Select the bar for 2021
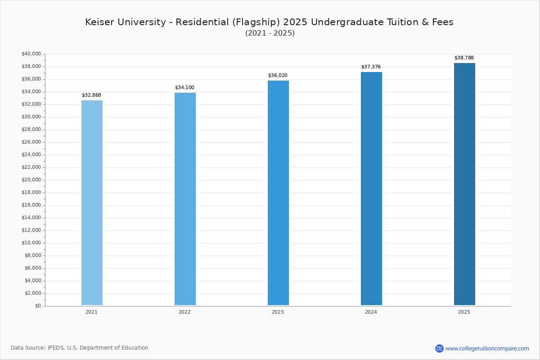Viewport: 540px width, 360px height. pos(92,202)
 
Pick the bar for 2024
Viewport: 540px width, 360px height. pos(371,189)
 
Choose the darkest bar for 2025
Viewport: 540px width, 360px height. pos(464,184)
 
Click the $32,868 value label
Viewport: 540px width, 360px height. pos(91,95)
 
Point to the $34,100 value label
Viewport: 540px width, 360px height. pos(184,88)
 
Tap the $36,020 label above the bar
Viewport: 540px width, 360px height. pos(278,76)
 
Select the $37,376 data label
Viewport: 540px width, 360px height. pos(371,67)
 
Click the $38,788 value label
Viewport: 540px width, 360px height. pos(464,58)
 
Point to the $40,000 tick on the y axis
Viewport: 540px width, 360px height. pos(31,54)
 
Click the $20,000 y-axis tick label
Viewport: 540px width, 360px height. pos(31,180)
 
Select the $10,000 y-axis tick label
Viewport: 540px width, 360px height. pos(31,243)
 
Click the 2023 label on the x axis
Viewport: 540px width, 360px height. pos(278,312)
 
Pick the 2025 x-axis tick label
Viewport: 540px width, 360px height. pos(464,312)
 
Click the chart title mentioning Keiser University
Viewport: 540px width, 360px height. pos(269,22)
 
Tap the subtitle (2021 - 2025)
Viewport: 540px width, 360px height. pos(270,33)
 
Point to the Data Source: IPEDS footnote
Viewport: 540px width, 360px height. pos(80,348)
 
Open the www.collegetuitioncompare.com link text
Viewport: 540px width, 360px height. pos(487,348)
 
